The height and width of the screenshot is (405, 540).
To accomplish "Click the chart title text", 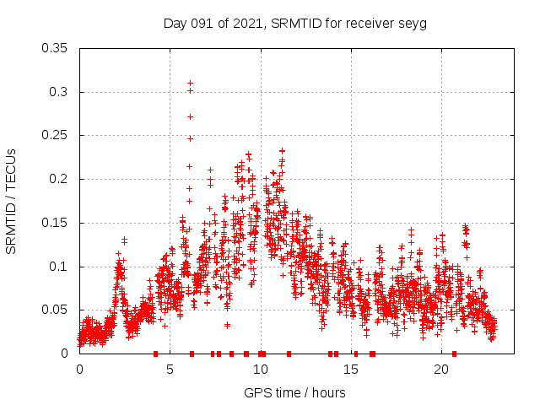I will click(294, 24).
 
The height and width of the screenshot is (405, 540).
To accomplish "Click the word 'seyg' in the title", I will click(413, 24).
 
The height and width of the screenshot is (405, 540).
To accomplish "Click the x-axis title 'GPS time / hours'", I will click(294, 392).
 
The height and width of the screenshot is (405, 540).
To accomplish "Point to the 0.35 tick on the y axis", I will click(56, 48).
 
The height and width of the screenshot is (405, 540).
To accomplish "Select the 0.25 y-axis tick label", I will click(56, 135).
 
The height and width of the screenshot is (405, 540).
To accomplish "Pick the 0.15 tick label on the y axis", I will click(56, 223).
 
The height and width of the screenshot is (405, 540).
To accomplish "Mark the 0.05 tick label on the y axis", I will click(56, 310).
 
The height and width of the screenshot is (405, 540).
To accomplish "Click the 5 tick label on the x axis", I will click(170, 370).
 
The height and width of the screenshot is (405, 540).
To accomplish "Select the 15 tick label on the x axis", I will click(350, 370).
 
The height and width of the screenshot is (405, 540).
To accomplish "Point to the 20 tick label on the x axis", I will click(440, 370).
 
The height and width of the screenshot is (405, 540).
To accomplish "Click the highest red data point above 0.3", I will click(191, 83).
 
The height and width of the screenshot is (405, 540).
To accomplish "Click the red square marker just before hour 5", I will click(155, 354).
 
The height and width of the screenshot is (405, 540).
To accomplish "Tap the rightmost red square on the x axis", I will click(454, 354).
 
